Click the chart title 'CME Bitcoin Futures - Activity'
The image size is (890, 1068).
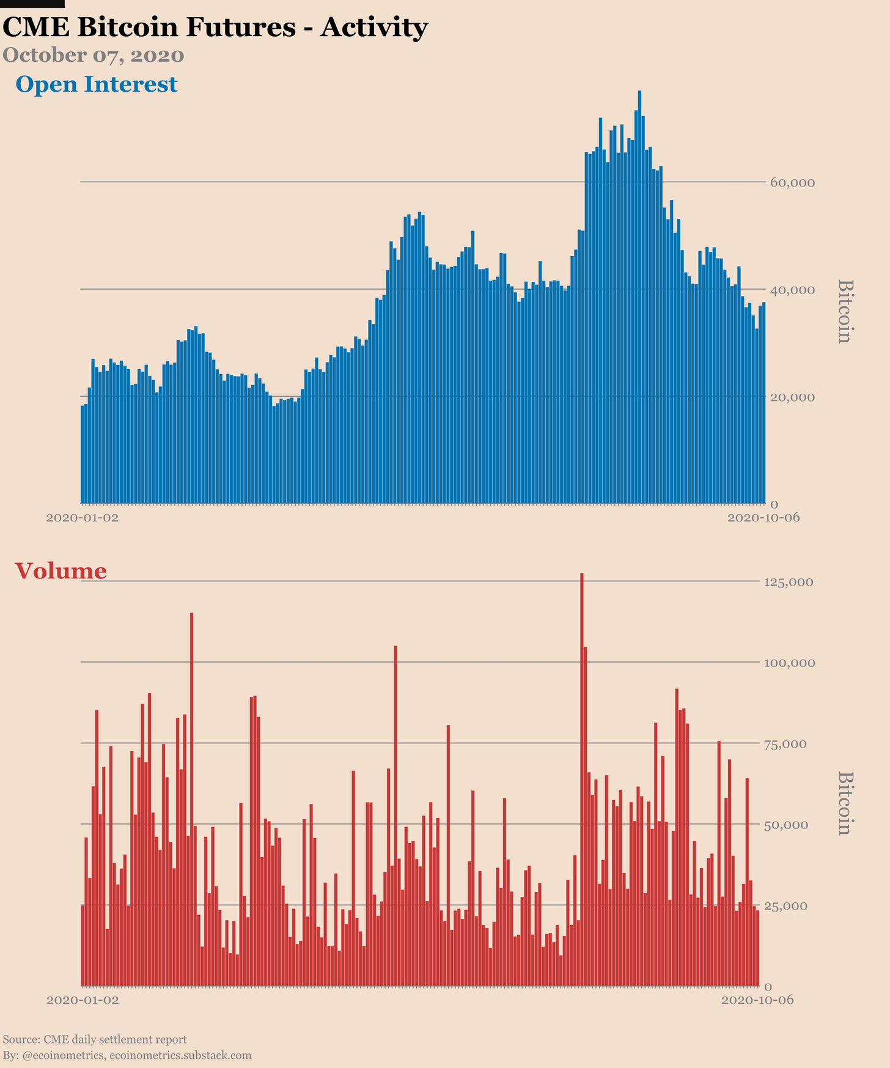click(215, 28)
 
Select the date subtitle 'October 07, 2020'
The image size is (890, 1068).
click(94, 56)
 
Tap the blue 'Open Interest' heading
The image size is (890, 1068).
click(97, 84)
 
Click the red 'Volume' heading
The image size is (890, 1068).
click(61, 571)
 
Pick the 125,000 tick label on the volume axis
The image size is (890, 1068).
click(789, 582)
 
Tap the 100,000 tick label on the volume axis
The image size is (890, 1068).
click(789, 663)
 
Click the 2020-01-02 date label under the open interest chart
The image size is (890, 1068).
click(83, 518)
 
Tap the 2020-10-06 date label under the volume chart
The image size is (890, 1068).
click(757, 1000)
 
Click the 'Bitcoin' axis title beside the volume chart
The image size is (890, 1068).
click(844, 803)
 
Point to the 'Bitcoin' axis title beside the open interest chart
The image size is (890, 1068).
click(844, 311)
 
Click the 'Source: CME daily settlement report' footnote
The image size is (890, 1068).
click(95, 1039)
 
